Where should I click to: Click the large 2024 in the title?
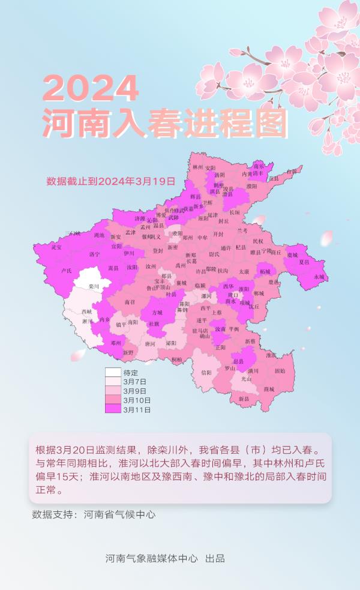(x=91, y=89)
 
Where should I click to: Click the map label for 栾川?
(x=93, y=287)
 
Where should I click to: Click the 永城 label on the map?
(x=318, y=277)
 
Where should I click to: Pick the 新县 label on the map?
(x=244, y=399)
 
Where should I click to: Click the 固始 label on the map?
(x=280, y=371)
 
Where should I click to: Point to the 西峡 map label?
(x=87, y=312)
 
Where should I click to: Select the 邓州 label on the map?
(x=116, y=343)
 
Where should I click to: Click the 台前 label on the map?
(x=292, y=171)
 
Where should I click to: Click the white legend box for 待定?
(x=113, y=372)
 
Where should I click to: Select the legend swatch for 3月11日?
(x=113, y=410)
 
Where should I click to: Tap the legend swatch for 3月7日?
(x=113, y=382)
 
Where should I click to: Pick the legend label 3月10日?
(x=137, y=400)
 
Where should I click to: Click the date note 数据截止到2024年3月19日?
(x=110, y=180)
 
